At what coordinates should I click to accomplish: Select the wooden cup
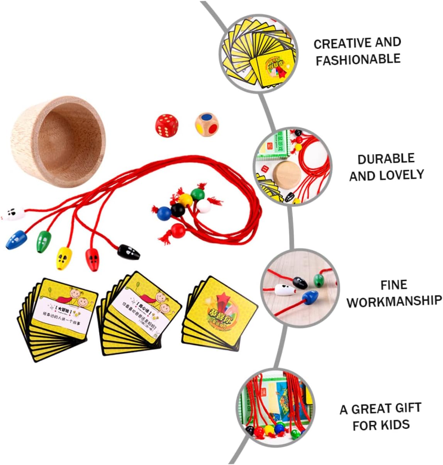58,141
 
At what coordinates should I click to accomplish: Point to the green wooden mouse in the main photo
44,241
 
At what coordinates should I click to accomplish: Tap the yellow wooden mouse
64,258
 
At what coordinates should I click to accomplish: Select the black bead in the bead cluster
178,210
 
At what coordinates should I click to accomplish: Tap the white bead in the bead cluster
203,206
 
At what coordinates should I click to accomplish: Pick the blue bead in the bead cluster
164,213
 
